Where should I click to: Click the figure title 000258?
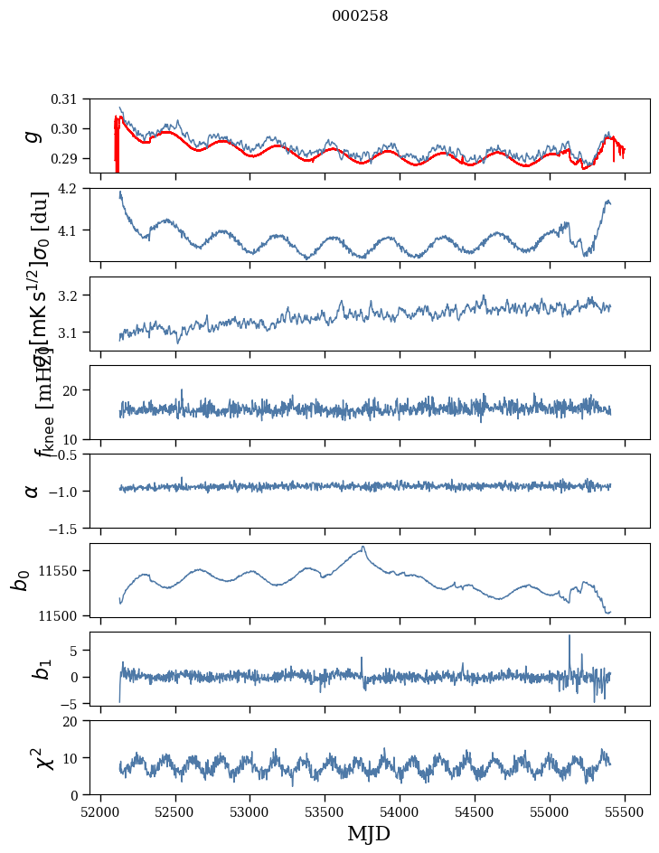[x=360, y=16]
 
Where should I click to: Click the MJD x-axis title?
[x=370, y=834]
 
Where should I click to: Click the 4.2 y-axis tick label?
[x=76, y=189]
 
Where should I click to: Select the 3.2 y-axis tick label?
[x=76, y=295]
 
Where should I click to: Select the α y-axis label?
[x=33, y=491]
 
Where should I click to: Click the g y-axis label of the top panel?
[x=33, y=135]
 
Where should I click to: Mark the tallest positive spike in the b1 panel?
[x=570, y=636]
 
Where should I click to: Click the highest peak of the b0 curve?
[x=363, y=547]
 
